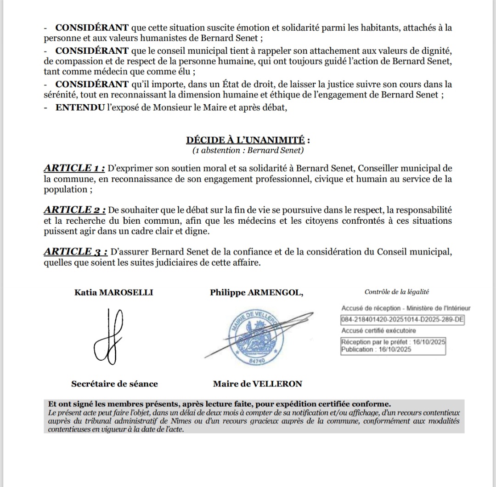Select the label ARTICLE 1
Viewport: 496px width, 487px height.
[74, 168]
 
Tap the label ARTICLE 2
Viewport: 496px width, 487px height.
[75, 210]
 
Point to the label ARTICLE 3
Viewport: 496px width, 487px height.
[76, 252]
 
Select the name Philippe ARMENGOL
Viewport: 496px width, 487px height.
[256, 292]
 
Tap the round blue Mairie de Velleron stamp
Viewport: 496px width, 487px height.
[252, 339]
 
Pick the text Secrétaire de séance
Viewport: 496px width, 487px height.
[114, 384]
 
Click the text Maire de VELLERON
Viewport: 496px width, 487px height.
[258, 384]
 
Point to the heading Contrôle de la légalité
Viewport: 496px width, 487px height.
[396, 292]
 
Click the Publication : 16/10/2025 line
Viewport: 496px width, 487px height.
[376, 350]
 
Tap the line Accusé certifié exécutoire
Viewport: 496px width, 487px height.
[379, 331]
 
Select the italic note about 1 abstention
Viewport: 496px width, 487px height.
[248, 150]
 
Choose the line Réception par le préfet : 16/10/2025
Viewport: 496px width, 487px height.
[393, 342]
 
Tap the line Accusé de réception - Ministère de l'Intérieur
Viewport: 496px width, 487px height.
[406, 309]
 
